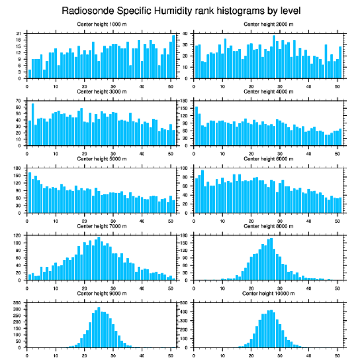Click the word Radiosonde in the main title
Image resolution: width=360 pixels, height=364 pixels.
[84, 10]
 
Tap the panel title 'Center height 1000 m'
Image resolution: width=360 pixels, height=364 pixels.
[101, 24]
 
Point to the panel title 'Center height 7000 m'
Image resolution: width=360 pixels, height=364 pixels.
[101, 226]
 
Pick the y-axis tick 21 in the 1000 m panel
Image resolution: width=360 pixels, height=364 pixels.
[19, 34]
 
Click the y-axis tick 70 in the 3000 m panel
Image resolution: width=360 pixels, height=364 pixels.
[19, 101]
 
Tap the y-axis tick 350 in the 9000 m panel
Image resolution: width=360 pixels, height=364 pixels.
[18, 303]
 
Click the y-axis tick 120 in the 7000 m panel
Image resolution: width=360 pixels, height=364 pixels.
[18, 236]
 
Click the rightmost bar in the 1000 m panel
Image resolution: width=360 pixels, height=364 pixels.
[173, 57]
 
